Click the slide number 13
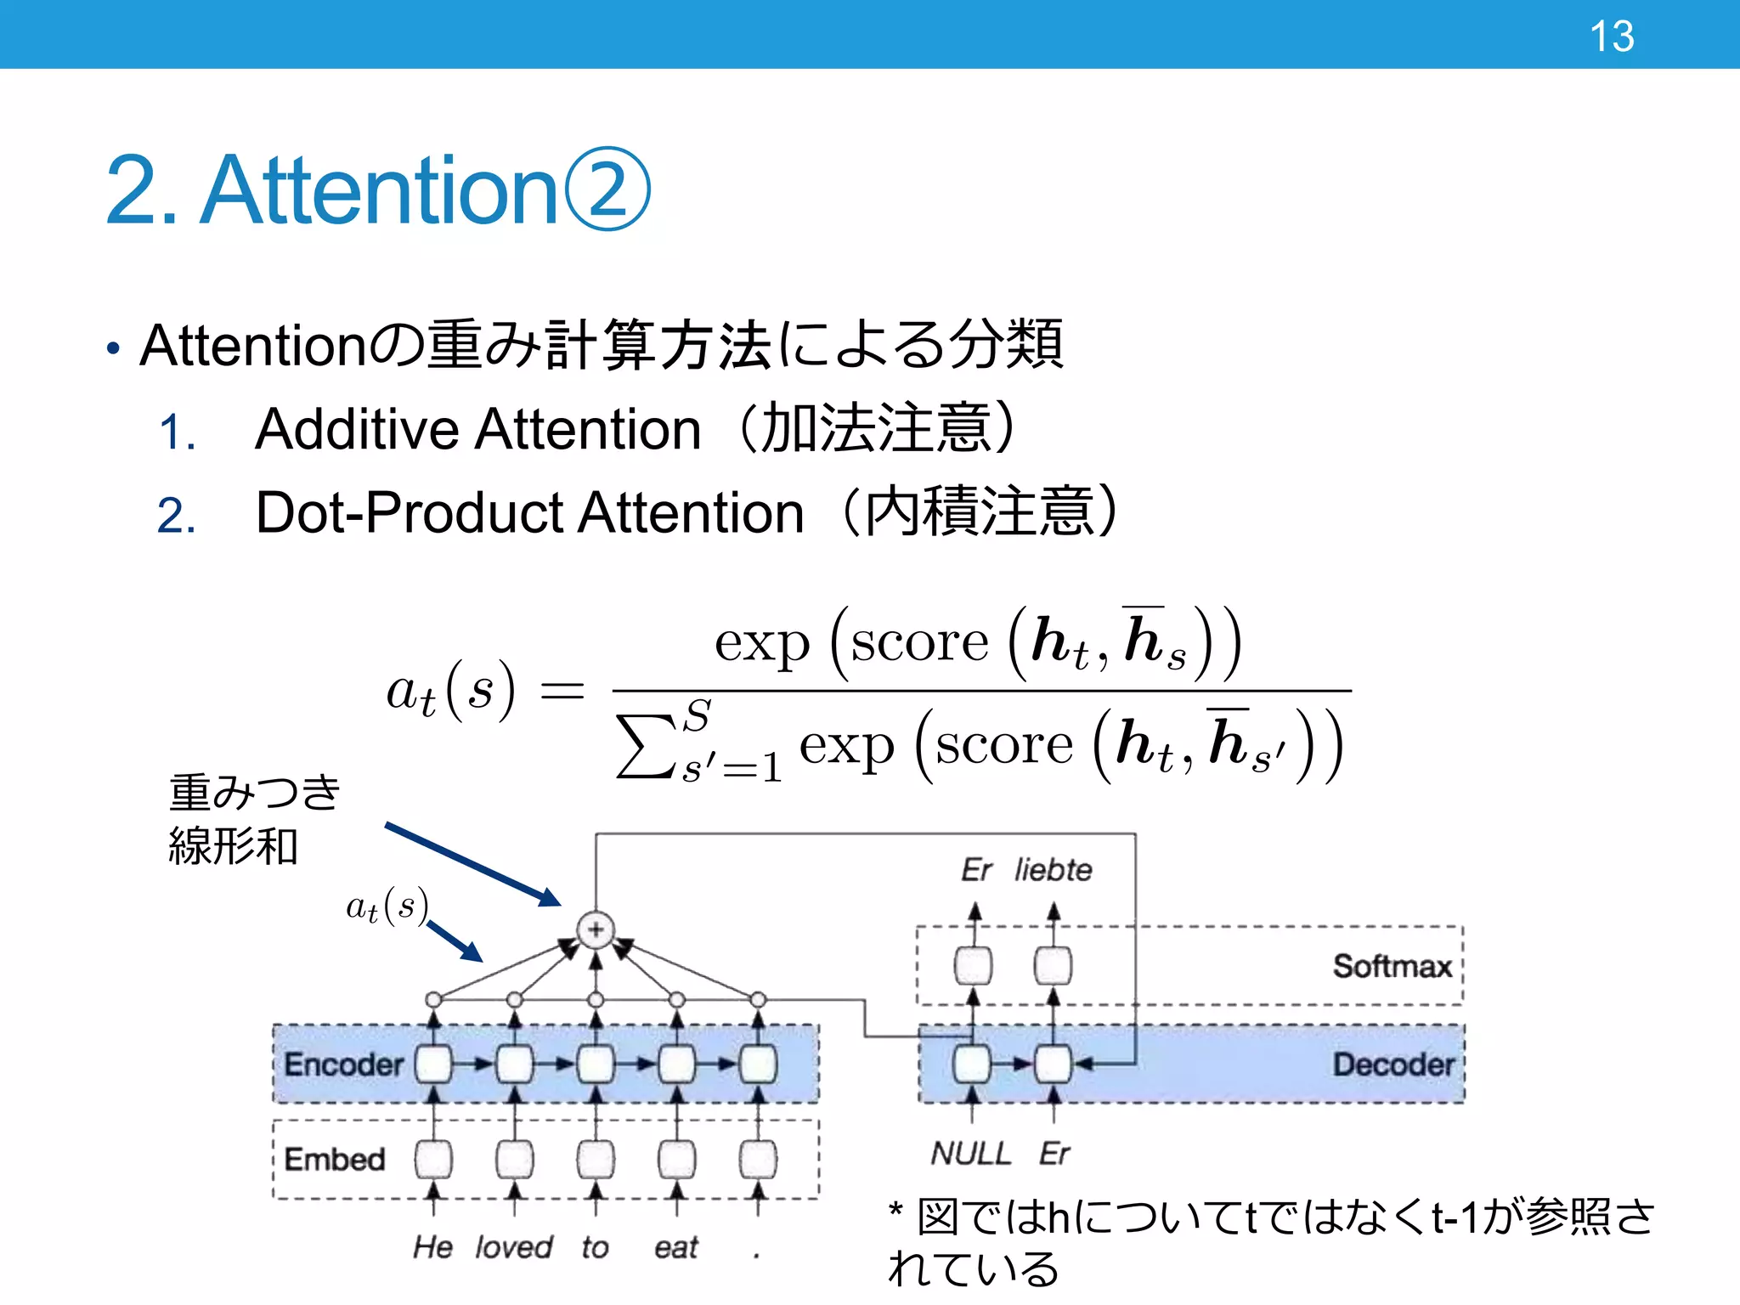1611,37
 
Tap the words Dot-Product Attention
529,512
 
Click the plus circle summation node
596,929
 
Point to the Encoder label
343,1065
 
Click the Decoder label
1393,1065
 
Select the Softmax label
1392,966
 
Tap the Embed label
334,1159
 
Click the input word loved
513,1247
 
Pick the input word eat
675,1247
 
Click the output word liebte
1053,870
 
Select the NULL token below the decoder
970,1154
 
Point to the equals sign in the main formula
562,690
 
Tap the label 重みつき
255,792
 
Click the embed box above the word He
433,1159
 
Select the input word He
432,1247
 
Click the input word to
595,1247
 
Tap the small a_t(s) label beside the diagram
387,907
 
